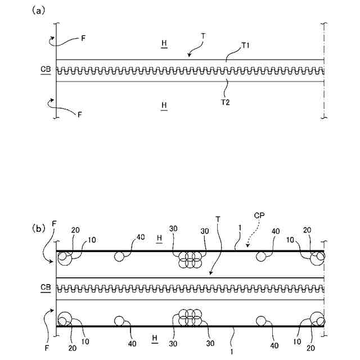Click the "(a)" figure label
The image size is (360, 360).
coord(38,11)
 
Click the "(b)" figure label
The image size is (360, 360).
coord(38,229)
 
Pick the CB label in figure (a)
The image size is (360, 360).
coord(46,70)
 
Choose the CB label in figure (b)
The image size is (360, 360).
coord(46,287)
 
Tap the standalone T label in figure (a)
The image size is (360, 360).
coord(203,35)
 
